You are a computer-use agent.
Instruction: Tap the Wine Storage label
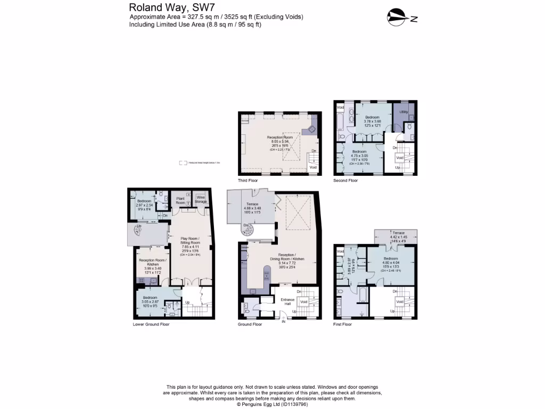[x=201, y=200]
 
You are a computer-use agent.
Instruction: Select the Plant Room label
[x=180, y=200]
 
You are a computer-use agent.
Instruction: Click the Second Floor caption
[x=346, y=181]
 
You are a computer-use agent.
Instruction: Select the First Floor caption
[x=343, y=324]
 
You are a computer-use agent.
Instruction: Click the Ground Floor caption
[x=250, y=324]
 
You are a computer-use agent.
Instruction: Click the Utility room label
[x=404, y=111]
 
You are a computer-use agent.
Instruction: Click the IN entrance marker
[x=284, y=322]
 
